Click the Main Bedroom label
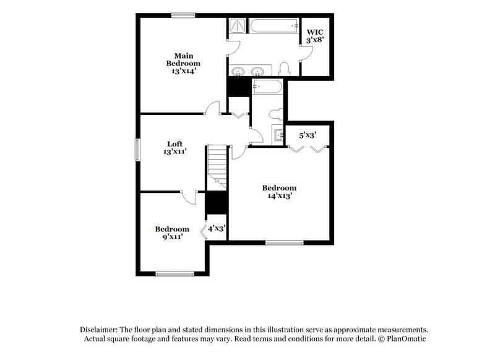click(183, 59)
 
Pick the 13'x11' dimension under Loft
click(174, 152)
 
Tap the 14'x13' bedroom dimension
click(279, 196)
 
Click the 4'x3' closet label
click(217, 228)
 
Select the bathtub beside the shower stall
click(273, 26)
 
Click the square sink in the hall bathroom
click(277, 135)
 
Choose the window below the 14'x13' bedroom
click(285, 243)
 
